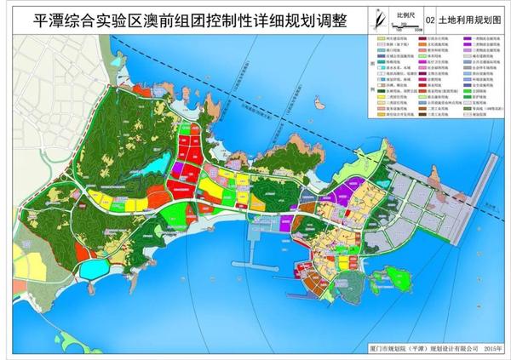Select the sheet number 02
(429, 18)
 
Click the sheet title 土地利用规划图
(468, 18)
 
